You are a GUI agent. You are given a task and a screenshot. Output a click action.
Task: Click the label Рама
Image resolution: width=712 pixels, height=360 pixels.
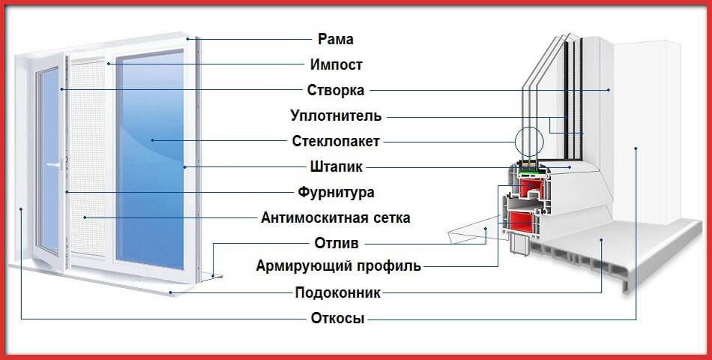[335, 39]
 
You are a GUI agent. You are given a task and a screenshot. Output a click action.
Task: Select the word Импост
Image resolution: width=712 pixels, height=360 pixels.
[335, 64]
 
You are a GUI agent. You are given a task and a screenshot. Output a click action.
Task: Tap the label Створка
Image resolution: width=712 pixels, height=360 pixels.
[335, 91]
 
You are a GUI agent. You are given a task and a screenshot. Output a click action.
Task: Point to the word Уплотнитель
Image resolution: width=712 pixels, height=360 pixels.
[335, 116]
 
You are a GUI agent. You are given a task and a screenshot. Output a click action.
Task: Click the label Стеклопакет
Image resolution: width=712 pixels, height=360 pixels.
[335, 141]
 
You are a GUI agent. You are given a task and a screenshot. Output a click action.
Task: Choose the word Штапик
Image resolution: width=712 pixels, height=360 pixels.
[335, 167]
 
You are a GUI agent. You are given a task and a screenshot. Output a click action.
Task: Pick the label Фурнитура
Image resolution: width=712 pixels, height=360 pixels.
[335, 193]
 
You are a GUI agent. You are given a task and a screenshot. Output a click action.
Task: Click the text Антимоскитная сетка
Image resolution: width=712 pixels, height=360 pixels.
[335, 218]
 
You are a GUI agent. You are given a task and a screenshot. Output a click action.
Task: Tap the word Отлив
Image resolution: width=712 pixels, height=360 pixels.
[335, 244]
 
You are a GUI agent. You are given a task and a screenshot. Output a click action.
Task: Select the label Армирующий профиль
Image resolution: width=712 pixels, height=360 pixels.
[338, 266]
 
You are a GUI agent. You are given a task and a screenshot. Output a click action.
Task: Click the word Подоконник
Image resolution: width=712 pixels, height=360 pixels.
[335, 292]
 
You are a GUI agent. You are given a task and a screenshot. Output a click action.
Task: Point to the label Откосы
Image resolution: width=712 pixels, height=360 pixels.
[337, 318]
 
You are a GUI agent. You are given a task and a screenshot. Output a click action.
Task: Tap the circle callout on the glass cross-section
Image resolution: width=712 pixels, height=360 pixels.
[528, 140]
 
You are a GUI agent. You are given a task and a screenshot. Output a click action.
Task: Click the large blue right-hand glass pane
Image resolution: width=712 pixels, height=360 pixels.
[150, 157]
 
